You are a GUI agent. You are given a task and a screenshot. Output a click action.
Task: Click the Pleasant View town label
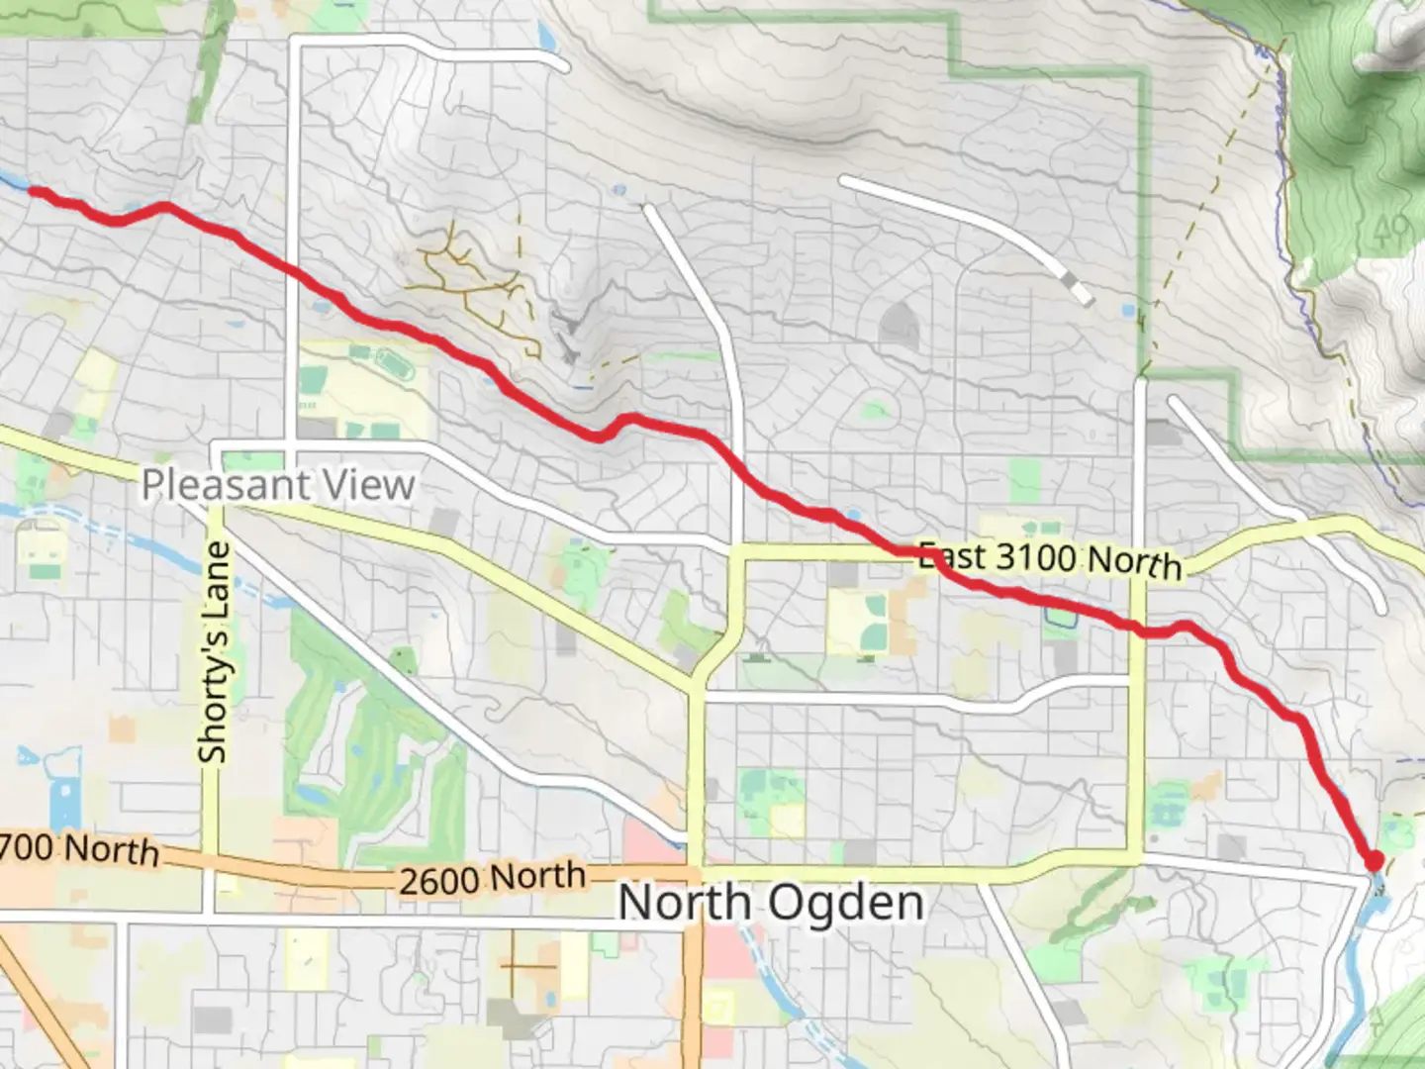click(x=278, y=485)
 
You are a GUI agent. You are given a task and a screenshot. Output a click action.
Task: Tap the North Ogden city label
click(x=771, y=903)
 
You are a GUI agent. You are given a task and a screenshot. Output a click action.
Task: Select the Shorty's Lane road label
click(x=214, y=652)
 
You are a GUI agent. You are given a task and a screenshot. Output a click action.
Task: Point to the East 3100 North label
click(x=1050, y=558)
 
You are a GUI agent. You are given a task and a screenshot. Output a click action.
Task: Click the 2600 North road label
click(x=492, y=878)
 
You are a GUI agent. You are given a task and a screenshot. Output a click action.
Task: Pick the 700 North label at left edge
click(x=79, y=848)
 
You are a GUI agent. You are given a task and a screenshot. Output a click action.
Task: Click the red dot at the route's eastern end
click(x=1374, y=861)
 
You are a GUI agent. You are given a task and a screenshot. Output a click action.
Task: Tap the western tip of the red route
click(x=33, y=191)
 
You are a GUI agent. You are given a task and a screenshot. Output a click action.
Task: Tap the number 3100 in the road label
click(x=1035, y=556)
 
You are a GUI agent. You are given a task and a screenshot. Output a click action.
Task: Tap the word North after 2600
click(x=538, y=875)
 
